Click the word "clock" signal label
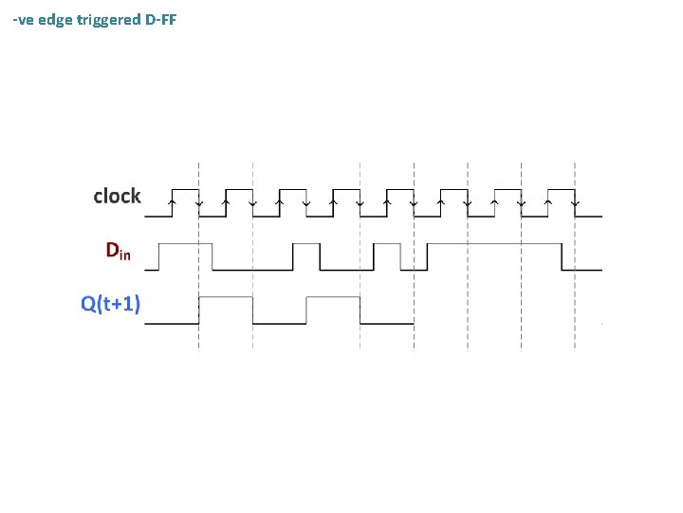(x=117, y=196)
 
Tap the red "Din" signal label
(x=119, y=251)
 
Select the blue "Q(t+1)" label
(x=111, y=304)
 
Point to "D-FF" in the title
(x=162, y=18)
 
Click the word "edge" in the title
(x=54, y=18)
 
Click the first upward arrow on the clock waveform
(x=172, y=200)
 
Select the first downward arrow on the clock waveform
(x=198, y=200)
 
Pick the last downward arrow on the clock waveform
(x=576, y=200)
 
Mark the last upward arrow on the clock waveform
(x=549, y=200)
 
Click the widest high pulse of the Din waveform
(x=494, y=244)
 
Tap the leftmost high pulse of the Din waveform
(x=185, y=244)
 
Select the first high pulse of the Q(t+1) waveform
(x=226, y=297)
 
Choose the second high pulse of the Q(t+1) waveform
(x=334, y=297)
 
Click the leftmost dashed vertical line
(x=198, y=266)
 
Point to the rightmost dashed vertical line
(x=576, y=266)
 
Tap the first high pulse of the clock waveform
(x=185, y=189)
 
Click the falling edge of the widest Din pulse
(x=562, y=256)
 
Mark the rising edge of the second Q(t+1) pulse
(x=307, y=311)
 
